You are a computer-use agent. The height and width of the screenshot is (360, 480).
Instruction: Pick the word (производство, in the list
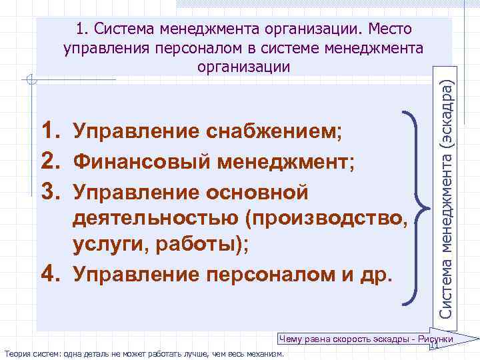(327, 219)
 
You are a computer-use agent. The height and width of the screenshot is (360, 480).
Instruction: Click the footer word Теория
(17, 353)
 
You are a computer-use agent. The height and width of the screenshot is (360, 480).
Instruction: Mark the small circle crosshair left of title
(31, 81)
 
